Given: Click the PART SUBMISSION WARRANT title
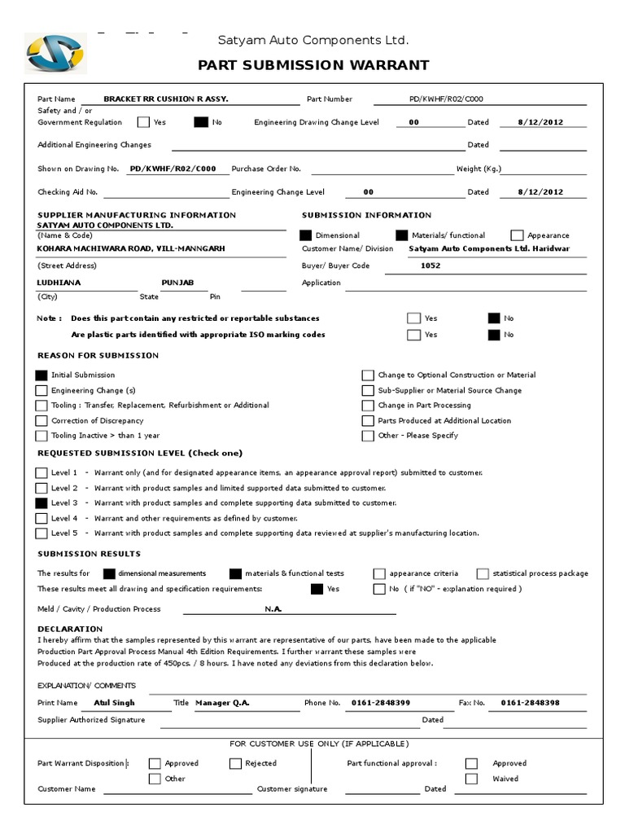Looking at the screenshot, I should click(313, 65).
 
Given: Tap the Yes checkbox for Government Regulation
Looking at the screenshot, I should click(143, 123).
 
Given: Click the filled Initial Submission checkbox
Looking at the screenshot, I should click(42, 375).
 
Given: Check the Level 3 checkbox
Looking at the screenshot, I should click(42, 503).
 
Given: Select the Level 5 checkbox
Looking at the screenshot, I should click(42, 533).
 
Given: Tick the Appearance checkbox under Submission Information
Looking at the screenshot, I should click(517, 235).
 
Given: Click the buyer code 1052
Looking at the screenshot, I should click(431, 266).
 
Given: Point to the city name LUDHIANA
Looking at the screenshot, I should click(59, 282).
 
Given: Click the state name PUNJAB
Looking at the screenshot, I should click(177, 282).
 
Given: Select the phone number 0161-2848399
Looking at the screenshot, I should click(380, 702).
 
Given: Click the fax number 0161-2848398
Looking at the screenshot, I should click(530, 702).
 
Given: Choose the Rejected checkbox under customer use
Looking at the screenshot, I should click(235, 764).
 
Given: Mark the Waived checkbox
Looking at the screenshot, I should click(471, 779).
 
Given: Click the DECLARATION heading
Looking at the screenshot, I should click(70, 629).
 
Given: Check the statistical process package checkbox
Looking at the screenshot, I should click(483, 573).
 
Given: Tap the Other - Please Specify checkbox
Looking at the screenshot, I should click(368, 436).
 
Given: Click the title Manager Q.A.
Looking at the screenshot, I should click(223, 702).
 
